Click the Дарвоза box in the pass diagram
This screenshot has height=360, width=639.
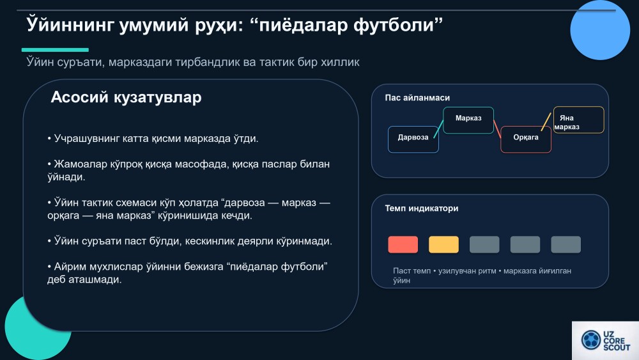(413, 139)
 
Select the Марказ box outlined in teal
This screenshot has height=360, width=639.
(468, 120)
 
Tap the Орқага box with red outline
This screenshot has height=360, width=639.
(526, 139)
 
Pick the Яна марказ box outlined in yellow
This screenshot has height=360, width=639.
(579, 120)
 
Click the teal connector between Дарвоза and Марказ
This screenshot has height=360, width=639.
(438, 129)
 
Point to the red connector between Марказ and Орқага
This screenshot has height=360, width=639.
(497, 129)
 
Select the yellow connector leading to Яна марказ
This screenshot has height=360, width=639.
(546, 121)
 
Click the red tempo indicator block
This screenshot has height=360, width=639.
(403, 245)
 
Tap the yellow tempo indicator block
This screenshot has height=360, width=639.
(444, 245)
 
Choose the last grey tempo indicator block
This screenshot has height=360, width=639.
(566, 245)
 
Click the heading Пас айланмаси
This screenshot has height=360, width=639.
(417, 98)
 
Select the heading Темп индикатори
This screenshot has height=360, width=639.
(422, 208)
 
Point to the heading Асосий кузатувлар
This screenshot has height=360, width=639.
(126, 97)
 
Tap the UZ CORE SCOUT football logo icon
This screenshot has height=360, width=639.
(591, 340)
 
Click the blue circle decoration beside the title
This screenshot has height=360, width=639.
(600, 30)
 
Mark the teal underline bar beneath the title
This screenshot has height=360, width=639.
(55, 50)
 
